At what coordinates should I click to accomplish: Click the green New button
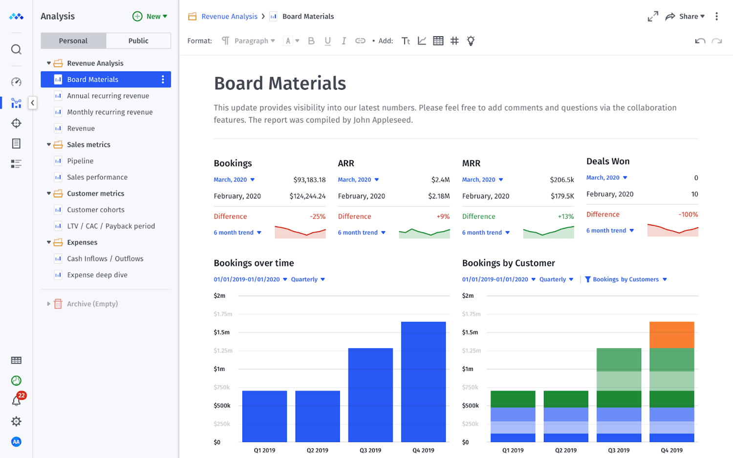coord(150,17)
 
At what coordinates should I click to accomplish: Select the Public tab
coord(138,41)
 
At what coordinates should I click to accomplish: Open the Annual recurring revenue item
coord(108,96)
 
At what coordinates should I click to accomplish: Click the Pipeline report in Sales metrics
coord(80,161)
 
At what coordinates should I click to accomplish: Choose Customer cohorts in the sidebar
coord(95,210)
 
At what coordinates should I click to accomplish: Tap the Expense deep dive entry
coord(97,275)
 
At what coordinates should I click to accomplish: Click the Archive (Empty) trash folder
coord(92,304)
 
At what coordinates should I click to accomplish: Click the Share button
coord(685,17)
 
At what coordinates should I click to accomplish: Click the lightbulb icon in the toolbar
coord(471,41)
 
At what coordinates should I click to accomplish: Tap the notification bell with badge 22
coord(17,401)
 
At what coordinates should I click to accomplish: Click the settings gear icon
coord(17,421)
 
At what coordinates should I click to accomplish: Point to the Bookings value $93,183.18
coord(309,180)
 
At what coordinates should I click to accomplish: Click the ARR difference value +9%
coord(443,217)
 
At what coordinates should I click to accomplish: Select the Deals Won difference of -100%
coord(688,215)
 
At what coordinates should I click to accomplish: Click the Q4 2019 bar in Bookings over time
coord(423,381)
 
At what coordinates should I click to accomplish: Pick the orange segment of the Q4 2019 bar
coord(671,335)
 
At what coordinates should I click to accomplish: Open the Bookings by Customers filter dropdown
coord(626,280)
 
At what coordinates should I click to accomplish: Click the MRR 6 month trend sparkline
coord(548,232)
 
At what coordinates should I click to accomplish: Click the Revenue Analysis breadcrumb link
coord(229,17)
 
